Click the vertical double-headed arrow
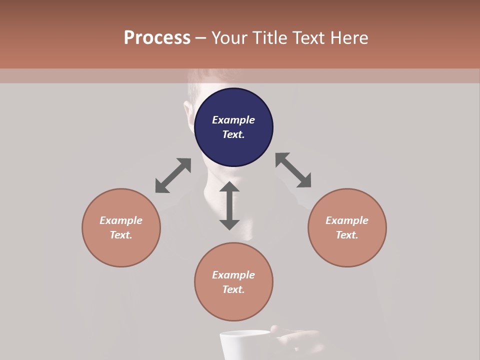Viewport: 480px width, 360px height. pos(229,205)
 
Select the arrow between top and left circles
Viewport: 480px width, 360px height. pos(173,175)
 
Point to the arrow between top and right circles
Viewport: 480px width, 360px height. pos(293,170)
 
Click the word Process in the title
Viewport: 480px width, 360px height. pos(157,38)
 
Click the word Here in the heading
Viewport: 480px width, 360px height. pos(349,38)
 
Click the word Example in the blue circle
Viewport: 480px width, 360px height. pos(233,120)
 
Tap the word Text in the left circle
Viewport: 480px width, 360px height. pos(120,235)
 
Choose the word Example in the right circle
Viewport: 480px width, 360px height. pos(347,220)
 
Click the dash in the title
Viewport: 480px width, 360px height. pos(201,38)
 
